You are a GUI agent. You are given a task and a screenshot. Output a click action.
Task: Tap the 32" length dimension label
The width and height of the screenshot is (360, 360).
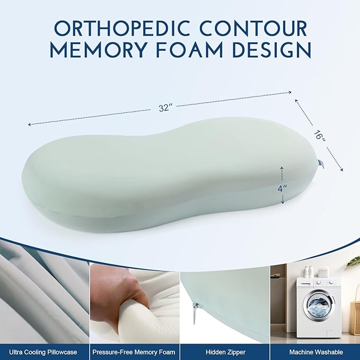[165, 108]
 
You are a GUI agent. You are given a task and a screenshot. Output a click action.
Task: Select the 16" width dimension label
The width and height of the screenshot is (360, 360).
[319, 135]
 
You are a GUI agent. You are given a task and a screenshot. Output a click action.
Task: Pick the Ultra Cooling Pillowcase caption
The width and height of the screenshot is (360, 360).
[44, 352]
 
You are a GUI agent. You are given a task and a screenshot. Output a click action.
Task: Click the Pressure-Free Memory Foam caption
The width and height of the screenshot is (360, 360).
[134, 352]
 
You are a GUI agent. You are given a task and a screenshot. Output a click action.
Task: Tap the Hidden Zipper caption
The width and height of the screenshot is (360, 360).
[224, 352]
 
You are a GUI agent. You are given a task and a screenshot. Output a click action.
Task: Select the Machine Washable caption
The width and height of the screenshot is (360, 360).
[315, 352]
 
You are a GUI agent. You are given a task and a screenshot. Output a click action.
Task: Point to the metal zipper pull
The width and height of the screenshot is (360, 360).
[196, 312]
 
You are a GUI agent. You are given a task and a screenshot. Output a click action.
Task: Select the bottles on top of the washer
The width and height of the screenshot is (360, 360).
[309, 271]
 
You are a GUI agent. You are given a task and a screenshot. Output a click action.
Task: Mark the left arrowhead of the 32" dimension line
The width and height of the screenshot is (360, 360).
[30, 125]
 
